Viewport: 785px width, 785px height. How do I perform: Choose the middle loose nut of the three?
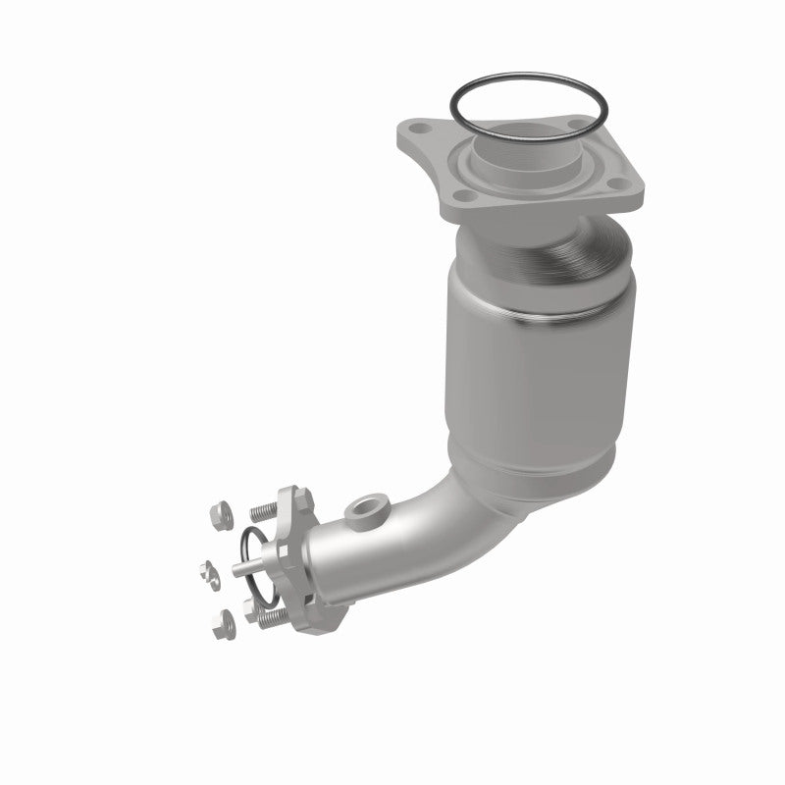(x=209, y=569)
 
